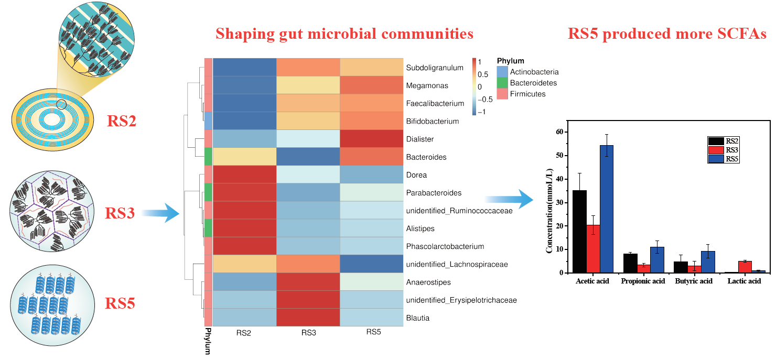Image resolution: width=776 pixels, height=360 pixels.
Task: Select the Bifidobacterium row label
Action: tap(432, 121)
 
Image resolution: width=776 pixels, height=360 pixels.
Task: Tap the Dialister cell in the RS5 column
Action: tap(371, 139)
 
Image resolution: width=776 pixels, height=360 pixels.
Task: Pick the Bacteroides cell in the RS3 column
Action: tap(308, 157)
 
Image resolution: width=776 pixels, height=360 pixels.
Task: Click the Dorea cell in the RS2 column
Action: tap(244, 174)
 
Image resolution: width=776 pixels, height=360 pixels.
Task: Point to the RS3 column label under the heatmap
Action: tap(308, 332)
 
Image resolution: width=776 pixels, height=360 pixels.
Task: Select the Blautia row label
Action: tap(418, 318)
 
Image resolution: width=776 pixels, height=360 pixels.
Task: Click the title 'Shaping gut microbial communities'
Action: tap(344, 34)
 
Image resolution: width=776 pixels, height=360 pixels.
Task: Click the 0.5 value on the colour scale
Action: tap(482, 74)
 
